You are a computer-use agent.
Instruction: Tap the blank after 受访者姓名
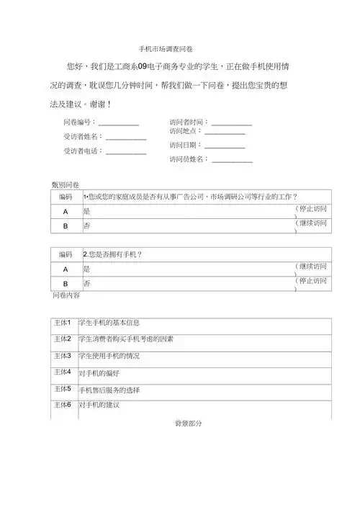pos(126,138)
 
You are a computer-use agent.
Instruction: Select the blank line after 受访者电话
pos(126,153)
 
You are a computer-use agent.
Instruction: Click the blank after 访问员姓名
pos(232,161)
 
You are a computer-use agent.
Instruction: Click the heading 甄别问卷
pos(65,185)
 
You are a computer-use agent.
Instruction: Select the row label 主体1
pos(63,322)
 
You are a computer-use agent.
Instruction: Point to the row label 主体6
pos(63,405)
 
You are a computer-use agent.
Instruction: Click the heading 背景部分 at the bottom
pos(188,424)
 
